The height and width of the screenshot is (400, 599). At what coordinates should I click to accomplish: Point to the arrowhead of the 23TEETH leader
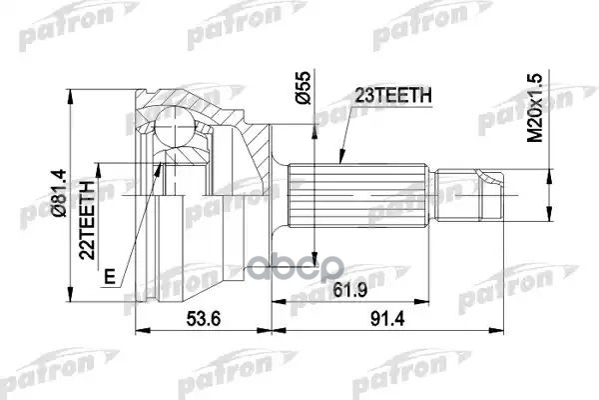pyautogui.click(x=340, y=161)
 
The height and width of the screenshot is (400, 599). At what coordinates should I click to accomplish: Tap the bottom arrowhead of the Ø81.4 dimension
pyautogui.click(x=71, y=301)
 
